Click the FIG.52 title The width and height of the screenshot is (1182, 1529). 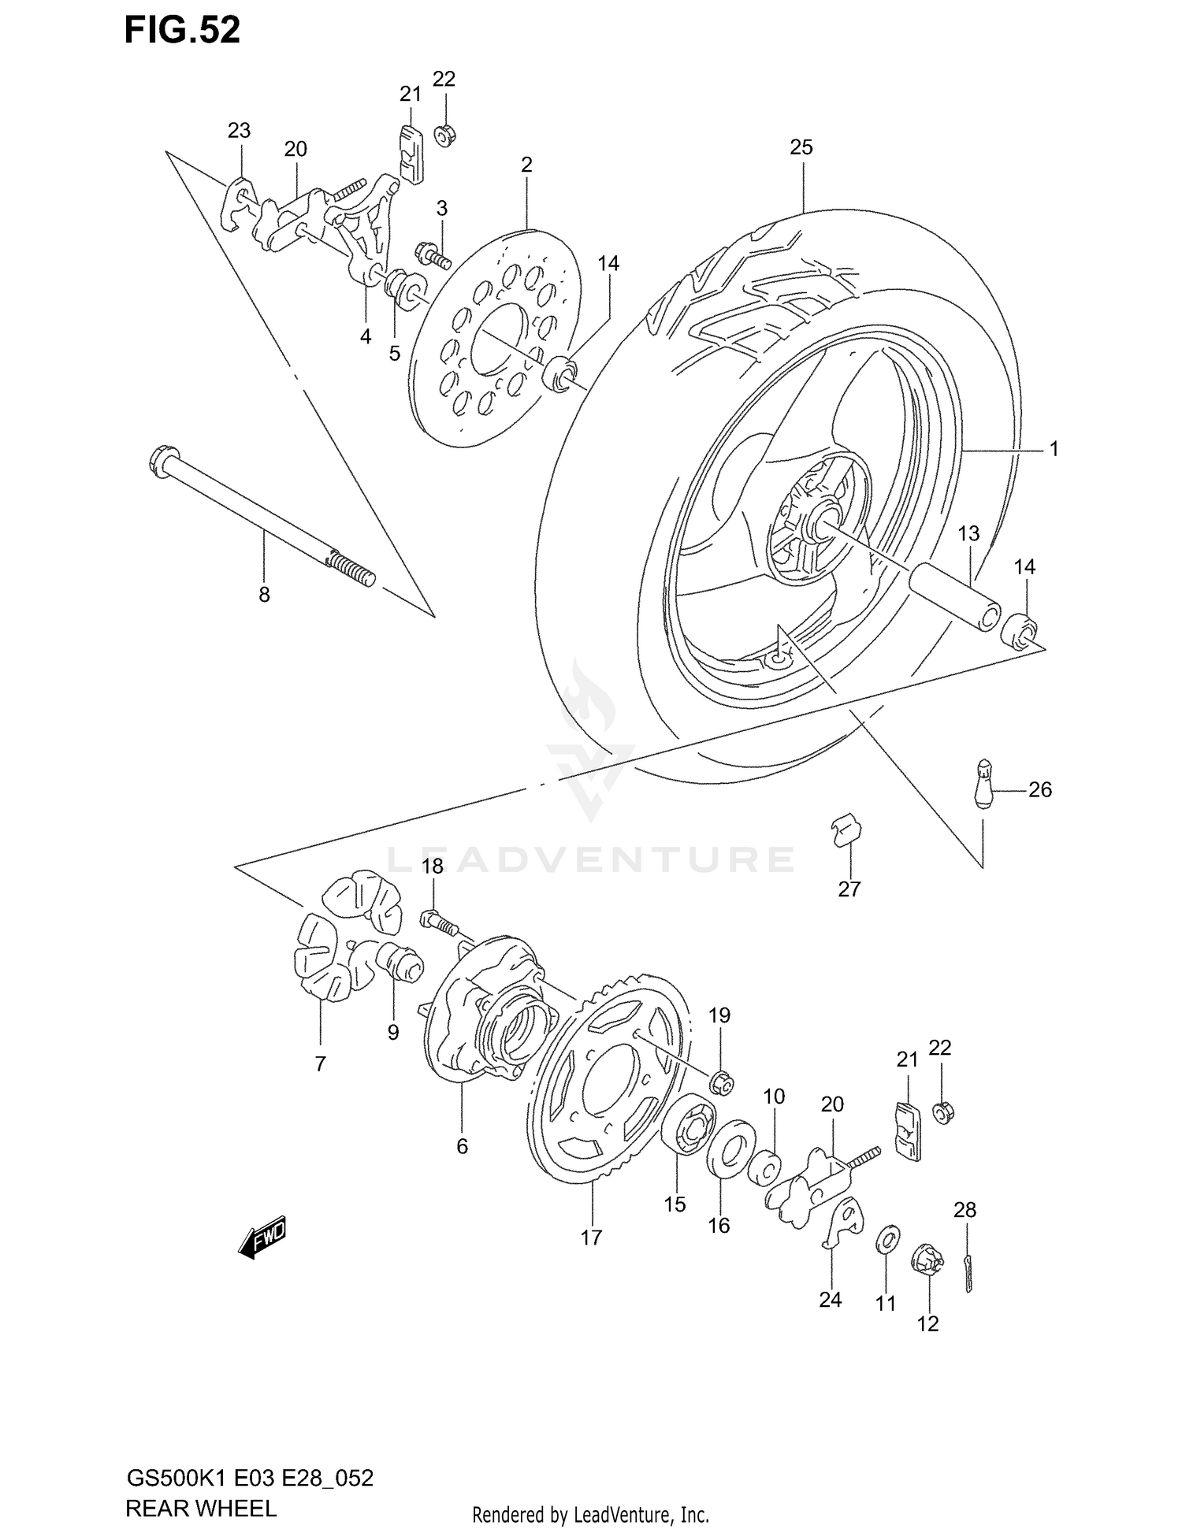[x=182, y=30]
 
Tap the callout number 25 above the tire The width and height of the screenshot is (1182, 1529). [x=801, y=147]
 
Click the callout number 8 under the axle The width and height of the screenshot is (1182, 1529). [x=264, y=595]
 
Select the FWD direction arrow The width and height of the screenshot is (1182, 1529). [x=262, y=1240]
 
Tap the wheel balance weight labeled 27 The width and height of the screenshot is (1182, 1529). [x=847, y=831]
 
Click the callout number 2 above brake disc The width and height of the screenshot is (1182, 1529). [x=526, y=165]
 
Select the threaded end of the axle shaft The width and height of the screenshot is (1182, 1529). [x=350, y=569]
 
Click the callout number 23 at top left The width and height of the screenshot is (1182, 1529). [x=239, y=131]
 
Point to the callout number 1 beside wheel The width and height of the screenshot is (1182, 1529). [x=1054, y=449]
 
